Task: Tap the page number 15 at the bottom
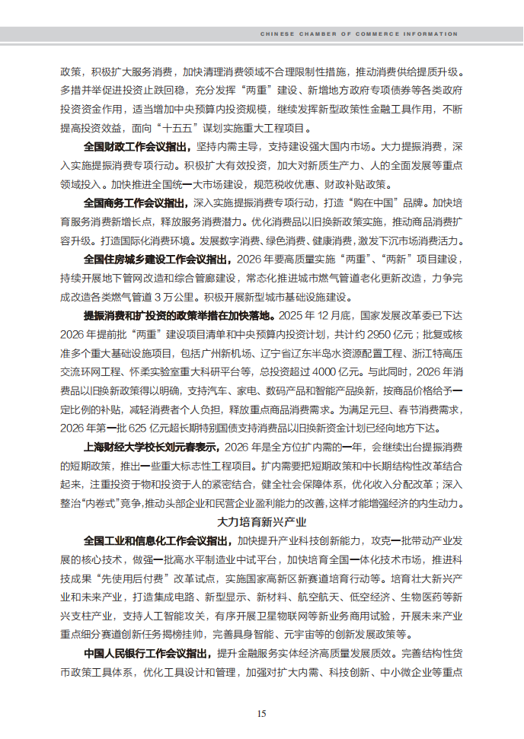point(261,713)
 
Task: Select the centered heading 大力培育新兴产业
point(261,522)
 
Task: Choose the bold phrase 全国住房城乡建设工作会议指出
point(156,260)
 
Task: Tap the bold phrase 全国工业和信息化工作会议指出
point(156,541)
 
